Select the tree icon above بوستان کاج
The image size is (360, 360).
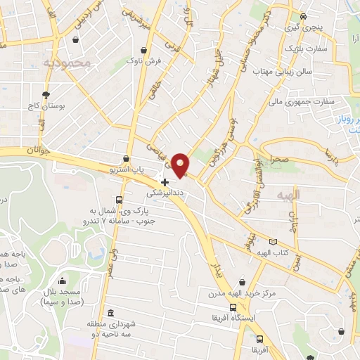pos(46,94)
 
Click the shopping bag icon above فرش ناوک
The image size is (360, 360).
pos(145,51)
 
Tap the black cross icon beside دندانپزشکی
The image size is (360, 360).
pos(165,182)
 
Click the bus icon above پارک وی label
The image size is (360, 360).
pos(119,200)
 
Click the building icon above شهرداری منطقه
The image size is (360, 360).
pos(109,314)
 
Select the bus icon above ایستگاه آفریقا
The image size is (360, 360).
pos(233,307)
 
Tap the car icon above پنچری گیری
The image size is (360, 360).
pos(302,17)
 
